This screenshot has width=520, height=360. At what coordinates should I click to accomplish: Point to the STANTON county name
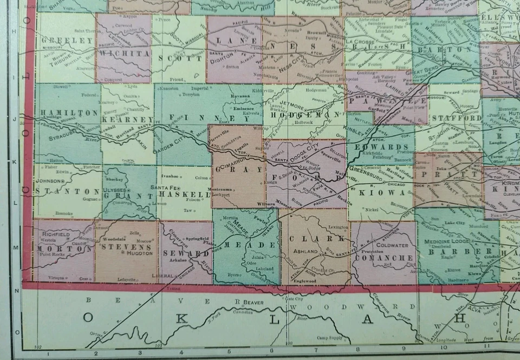click(67, 192)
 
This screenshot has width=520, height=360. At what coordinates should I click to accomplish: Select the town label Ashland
click(305, 252)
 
